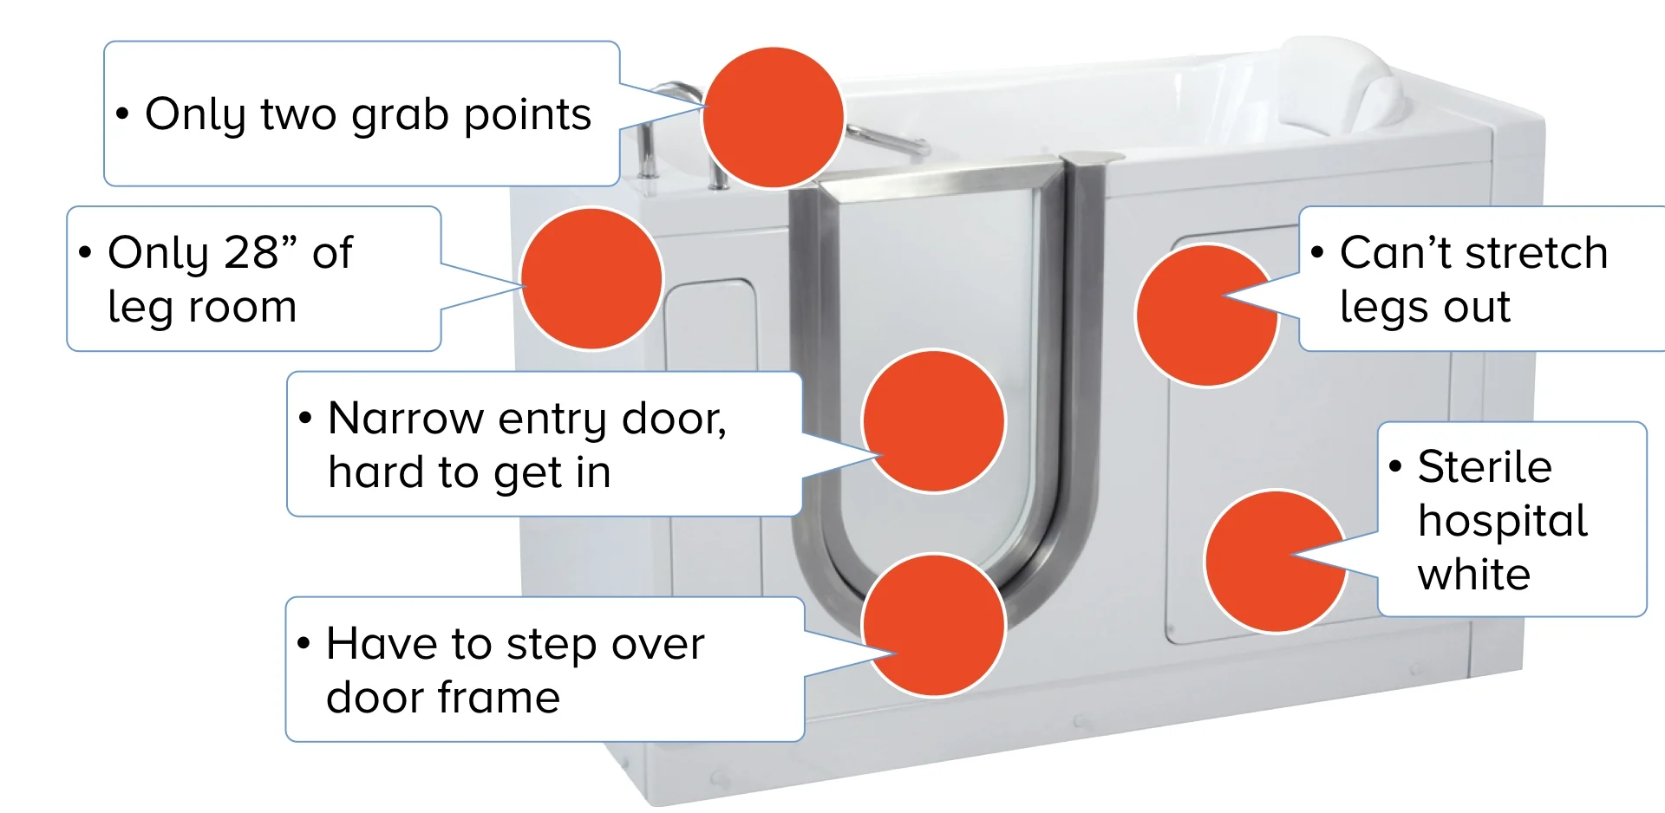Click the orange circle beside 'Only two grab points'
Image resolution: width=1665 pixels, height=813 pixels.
[x=773, y=117]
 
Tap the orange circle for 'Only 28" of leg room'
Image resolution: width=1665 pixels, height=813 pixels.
[x=591, y=278]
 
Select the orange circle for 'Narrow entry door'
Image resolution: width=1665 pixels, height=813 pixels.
[x=934, y=421]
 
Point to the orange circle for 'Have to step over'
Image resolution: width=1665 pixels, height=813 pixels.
[x=934, y=625]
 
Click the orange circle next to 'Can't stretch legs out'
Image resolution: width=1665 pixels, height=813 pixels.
[x=1206, y=315]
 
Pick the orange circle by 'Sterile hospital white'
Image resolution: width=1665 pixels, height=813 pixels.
[x=1276, y=561]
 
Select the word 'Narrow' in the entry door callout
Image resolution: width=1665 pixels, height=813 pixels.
[x=406, y=419]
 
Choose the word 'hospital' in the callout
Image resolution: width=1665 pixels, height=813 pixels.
[x=1503, y=521]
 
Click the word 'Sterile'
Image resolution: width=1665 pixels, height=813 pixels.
[x=1485, y=467]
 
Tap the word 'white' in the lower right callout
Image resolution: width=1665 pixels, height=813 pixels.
[x=1474, y=575]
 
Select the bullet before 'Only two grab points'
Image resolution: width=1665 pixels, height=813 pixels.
[x=123, y=114]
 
